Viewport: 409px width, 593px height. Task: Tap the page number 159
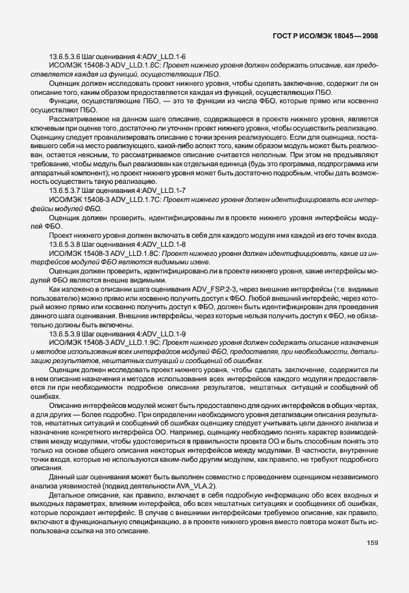(x=372, y=542)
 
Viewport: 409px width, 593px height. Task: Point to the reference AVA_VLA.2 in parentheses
(x=200, y=486)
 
